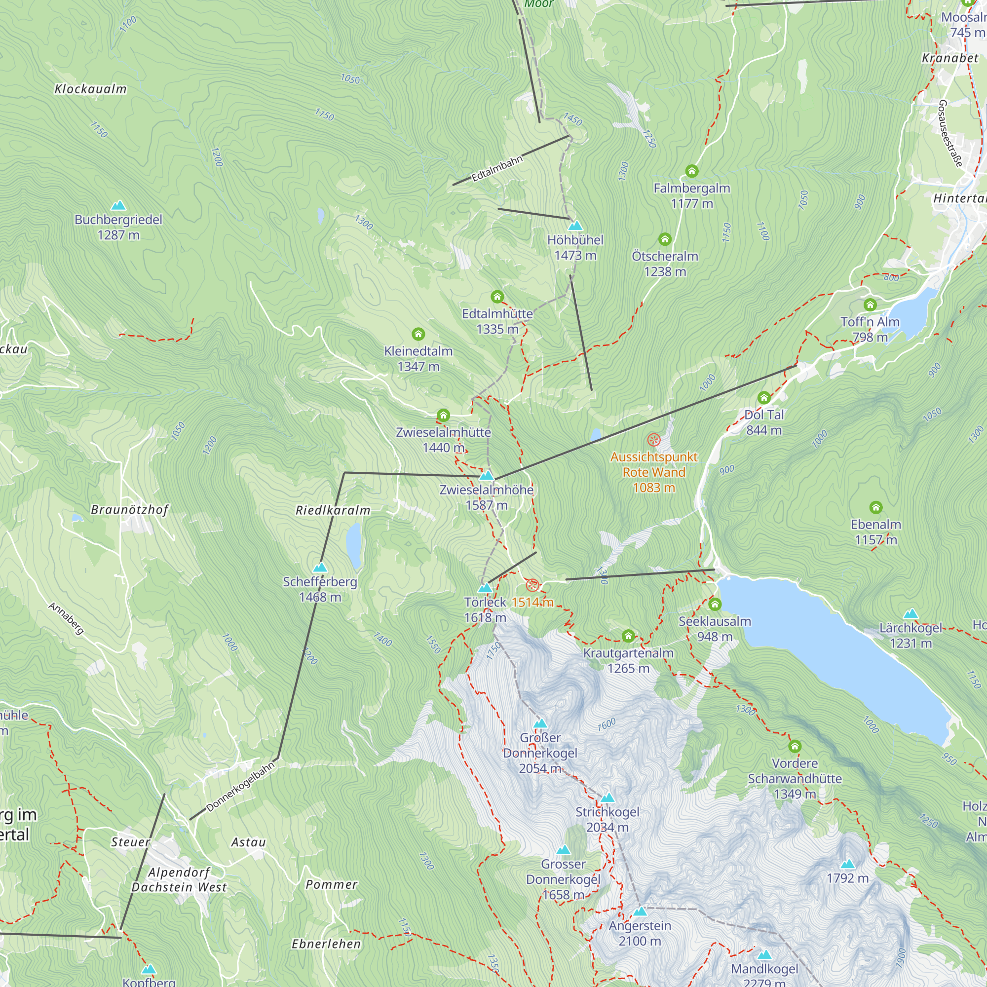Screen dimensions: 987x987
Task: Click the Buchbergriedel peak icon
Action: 118,205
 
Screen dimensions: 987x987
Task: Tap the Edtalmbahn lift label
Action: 496,168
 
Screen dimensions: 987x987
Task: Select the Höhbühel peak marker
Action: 575,226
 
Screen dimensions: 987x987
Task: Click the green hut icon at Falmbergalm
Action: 691,171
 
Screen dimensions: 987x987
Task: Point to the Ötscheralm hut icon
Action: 665,239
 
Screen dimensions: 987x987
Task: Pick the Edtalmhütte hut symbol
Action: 497,297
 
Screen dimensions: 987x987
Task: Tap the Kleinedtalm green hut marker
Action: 418,334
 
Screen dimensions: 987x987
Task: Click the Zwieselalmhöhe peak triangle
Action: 487,476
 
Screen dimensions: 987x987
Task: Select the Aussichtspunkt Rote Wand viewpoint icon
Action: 653,440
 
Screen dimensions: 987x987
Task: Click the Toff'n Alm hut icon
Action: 870,305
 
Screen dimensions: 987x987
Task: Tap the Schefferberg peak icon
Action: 320,568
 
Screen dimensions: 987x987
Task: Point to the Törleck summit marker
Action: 485,588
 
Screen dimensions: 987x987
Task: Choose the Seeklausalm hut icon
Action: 715,605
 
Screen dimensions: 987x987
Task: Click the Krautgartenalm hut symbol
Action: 628,636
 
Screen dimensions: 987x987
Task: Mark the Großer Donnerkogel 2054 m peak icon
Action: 540,723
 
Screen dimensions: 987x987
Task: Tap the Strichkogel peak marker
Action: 607,798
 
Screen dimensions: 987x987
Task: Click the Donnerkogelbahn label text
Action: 240,786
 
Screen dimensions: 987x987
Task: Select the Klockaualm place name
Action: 90,89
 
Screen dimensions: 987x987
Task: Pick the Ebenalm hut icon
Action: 875,507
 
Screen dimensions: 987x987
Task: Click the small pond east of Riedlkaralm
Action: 353,546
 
